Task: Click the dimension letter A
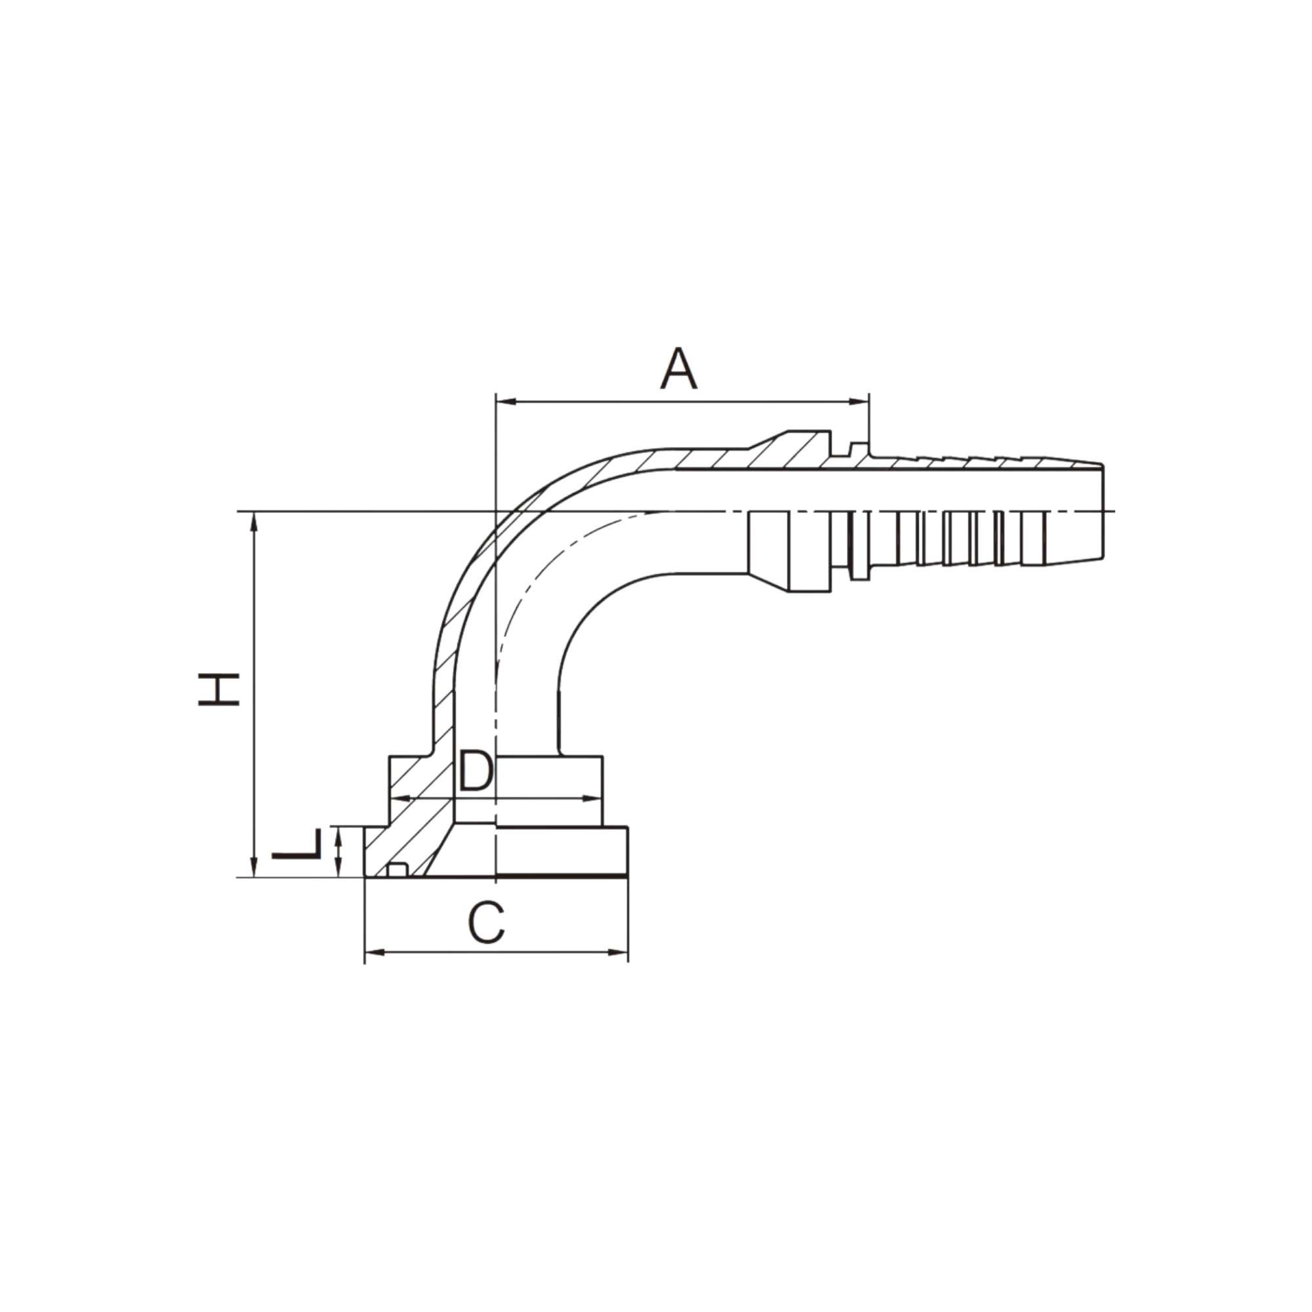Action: (x=678, y=369)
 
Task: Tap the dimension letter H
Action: (x=218, y=689)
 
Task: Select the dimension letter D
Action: (x=475, y=771)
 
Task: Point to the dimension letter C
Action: (x=486, y=924)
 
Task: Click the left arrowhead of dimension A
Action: (x=504, y=402)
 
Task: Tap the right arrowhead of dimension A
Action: (x=862, y=402)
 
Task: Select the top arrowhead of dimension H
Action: (x=255, y=520)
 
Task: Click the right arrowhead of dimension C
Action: (x=621, y=953)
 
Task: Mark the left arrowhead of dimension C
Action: (x=372, y=953)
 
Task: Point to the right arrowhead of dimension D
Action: (x=595, y=798)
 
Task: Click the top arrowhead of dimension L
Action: (x=339, y=832)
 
